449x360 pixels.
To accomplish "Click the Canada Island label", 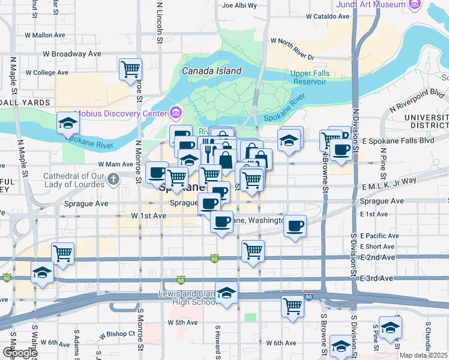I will point(212,71).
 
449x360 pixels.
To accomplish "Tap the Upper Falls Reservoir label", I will point(308,77).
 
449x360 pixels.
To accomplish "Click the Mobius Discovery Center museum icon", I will point(176,113).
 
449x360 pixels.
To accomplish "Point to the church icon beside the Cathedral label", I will point(113,178).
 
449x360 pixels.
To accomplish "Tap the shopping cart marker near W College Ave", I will point(130,70).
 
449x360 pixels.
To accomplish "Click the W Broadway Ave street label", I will point(71,53).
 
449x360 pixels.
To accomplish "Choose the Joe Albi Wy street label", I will point(240,5).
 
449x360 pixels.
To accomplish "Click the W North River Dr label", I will point(292,49).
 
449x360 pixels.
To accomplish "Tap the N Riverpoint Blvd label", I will point(416,101).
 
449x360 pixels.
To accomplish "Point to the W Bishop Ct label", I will point(118,334).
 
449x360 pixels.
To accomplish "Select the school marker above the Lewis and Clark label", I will point(226,293).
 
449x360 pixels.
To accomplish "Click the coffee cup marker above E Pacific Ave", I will point(295,226).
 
